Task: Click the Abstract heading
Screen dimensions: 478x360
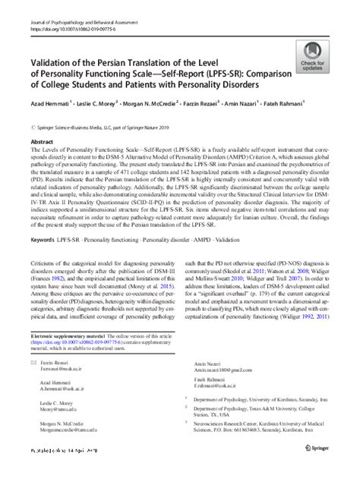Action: pyautogui.click(x=40, y=121)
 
